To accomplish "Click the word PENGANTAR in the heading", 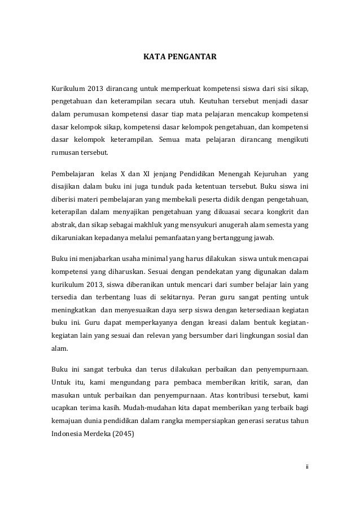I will pos(193,57).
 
